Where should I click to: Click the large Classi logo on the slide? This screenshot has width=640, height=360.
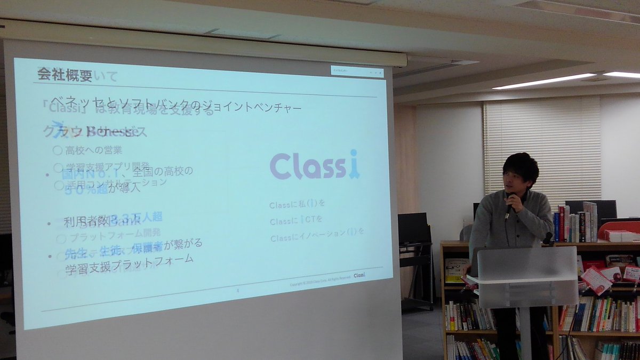click(314, 166)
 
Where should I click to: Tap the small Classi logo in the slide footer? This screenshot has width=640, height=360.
click(359, 275)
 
